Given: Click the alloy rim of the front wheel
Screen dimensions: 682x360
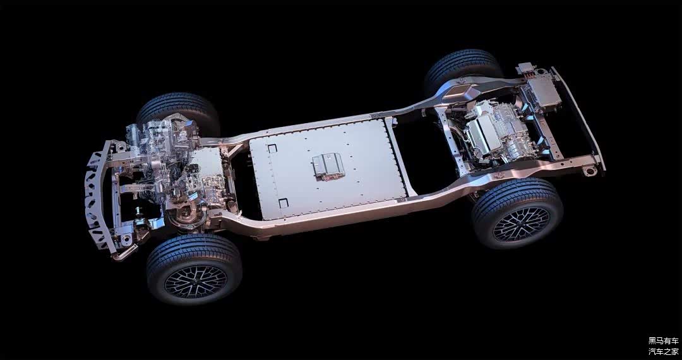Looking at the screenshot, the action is tap(196, 281).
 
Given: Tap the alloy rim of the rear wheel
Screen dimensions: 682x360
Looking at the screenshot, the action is tap(521, 224).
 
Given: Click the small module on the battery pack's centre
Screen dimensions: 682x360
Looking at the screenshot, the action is tap(328, 165).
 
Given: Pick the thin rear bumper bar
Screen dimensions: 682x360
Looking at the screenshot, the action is tap(578, 117).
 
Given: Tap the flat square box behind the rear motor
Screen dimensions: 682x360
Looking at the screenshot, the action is tap(544, 92).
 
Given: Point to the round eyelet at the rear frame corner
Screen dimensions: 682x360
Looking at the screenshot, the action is tap(590, 171).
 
